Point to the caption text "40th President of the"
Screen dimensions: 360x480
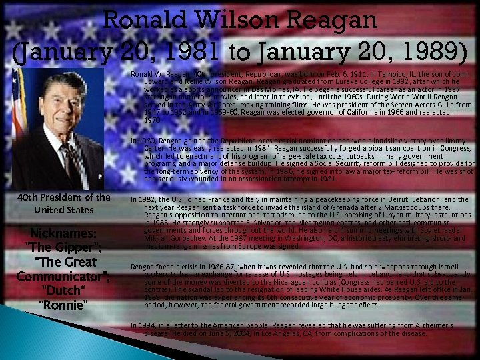(64, 197)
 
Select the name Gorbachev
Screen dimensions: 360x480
(170, 238)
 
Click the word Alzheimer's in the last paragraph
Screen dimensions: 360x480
(428, 325)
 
